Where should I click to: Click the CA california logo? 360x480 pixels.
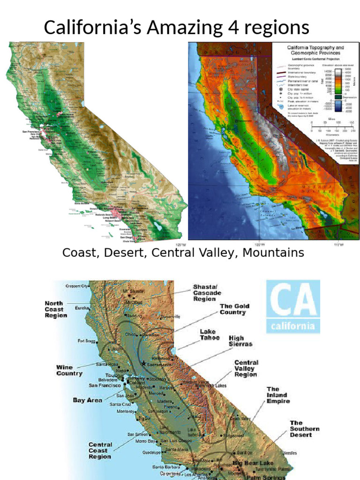click(x=293, y=306)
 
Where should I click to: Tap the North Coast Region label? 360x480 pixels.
click(x=56, y=309)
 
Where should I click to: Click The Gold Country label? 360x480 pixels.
click(x=234, y=309)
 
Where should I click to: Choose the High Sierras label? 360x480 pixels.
click(x=240, y=341)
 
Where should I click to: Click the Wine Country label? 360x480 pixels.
click(x=69, y=370)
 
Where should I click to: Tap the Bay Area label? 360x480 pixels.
click(x=88, y=400)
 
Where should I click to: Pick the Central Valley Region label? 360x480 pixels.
click(x=246, y=368)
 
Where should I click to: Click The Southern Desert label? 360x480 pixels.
click(x=304, y=428)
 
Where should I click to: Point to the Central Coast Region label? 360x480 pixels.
click(x=100, y=450)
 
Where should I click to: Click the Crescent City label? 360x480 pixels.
click(x=77, y=285)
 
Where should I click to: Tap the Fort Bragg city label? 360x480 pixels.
click(x=87, y=341)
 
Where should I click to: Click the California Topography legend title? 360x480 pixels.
click(x=315, y=50)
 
